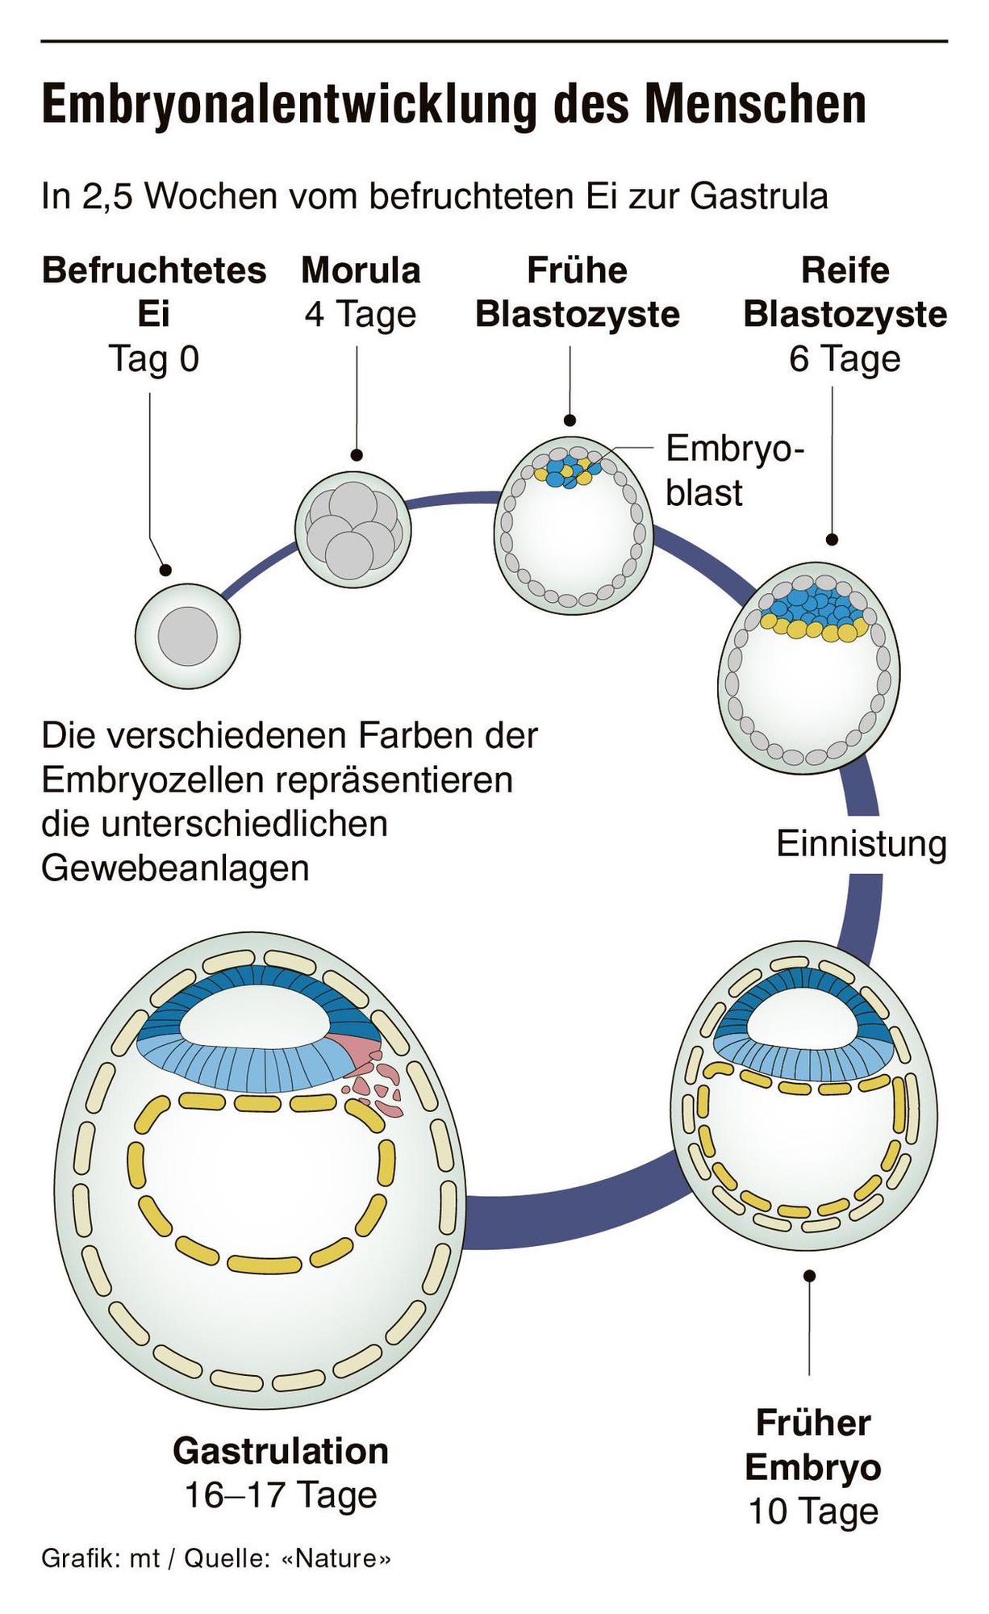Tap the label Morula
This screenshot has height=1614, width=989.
[x=361, y=270]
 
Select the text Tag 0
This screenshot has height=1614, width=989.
[x=153, y=358]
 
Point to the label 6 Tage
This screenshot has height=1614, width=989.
[x=844, y=358]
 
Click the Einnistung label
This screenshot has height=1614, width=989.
[x=861, y=844]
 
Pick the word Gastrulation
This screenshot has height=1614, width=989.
[x=281, y=1450]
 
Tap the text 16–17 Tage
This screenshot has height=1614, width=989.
[x=281, y=1495]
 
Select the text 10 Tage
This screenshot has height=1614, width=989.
[x=812, y=1511]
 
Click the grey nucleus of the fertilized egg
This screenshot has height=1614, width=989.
[x=187, y=636]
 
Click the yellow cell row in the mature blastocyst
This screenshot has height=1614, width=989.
[x=815, y=627]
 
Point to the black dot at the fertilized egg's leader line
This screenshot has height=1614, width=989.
[x=165, y=570]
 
